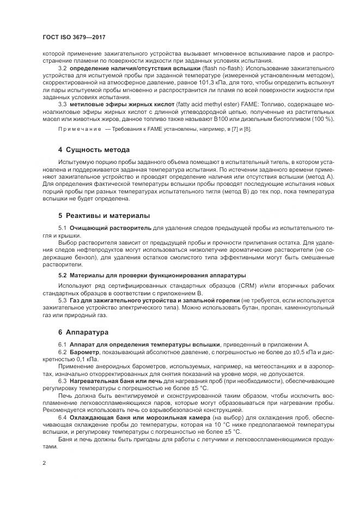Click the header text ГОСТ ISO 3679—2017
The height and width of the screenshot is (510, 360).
point(70,39)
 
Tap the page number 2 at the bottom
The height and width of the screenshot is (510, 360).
point(44,463)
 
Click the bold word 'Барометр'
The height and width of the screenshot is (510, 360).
point(83,352)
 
